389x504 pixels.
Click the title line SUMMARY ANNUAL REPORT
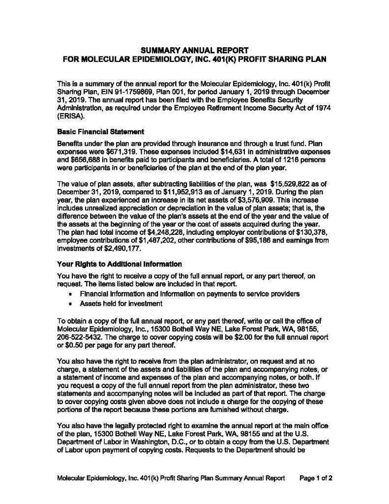(x=194, y=50)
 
